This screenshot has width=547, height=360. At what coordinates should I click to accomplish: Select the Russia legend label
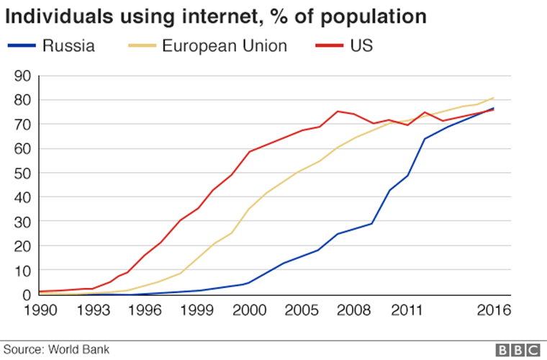(69, 46)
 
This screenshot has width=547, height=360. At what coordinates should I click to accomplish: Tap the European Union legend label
(224, 46)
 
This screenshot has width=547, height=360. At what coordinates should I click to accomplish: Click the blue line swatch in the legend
(22, 47)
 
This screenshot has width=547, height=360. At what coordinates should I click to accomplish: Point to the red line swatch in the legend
(330, 47)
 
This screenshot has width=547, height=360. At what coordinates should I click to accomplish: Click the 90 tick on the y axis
(21, 76)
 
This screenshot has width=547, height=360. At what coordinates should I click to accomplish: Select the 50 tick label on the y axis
(21, 173)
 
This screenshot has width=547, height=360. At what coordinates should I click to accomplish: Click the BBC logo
(517, 349)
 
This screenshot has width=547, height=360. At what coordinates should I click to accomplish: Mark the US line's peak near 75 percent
(338, 111)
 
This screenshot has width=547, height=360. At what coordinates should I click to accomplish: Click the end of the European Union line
(493, 98)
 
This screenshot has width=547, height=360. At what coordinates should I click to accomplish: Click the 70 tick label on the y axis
(21, 124)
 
